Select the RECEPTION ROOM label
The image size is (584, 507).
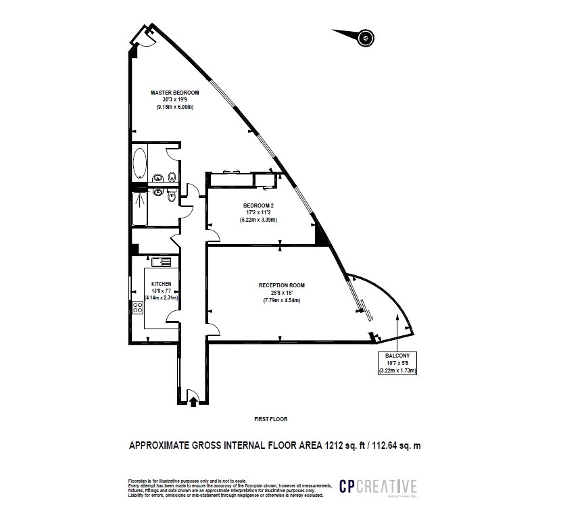281,285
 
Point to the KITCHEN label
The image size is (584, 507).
161,284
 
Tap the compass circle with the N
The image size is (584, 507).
366,38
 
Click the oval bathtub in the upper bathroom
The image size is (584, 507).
140,163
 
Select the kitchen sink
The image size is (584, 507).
162,262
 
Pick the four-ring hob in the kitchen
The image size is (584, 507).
139,308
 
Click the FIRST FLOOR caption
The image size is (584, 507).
271,419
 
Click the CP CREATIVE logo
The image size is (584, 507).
379,486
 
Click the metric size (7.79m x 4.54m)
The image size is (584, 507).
281,300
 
